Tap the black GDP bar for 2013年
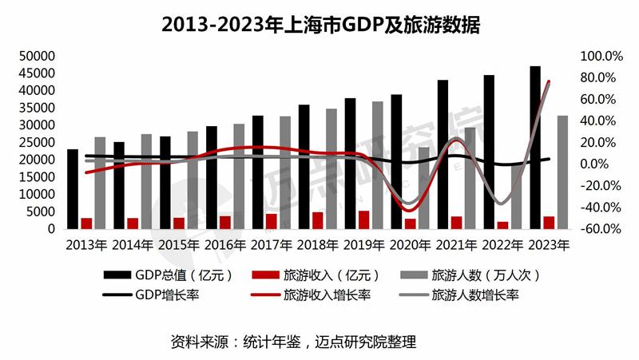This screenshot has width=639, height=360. [73, 189]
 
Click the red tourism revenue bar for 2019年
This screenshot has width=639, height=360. [364, 220]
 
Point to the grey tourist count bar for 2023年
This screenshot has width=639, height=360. [563, 172]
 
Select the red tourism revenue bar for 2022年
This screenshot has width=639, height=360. [502, 225]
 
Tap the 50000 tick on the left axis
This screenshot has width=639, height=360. [38, 57]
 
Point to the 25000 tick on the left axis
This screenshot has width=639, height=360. [38, 143]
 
